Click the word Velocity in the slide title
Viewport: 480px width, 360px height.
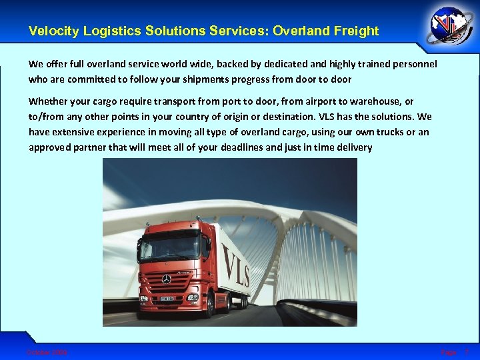point(52,31)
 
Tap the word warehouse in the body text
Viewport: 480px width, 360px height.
point(379,101)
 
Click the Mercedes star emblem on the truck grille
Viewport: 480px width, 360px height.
point(166,277)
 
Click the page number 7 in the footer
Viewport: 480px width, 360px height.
point(467,351)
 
